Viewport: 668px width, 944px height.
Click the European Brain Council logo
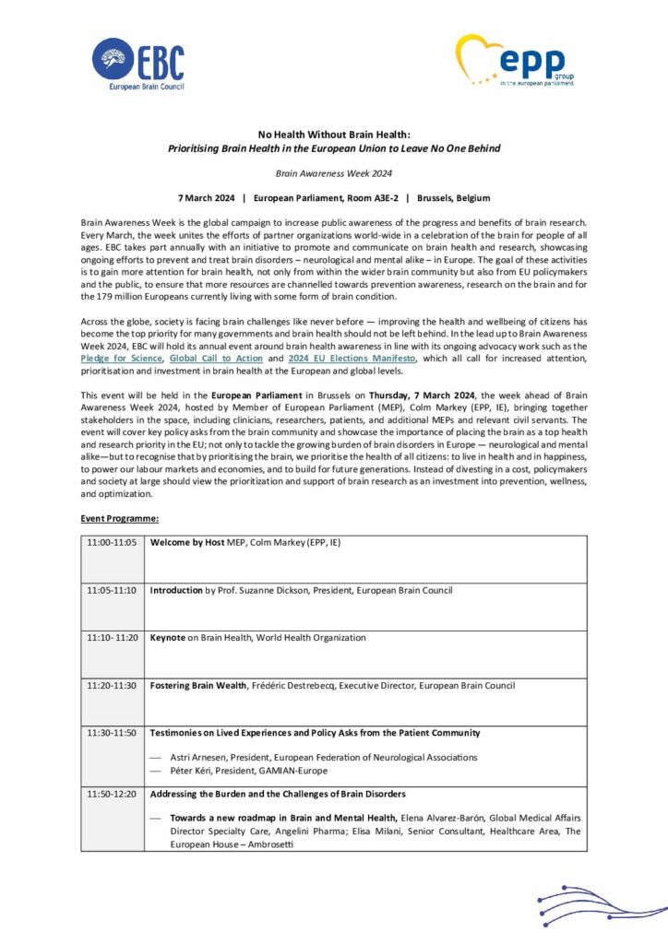(x=138, y=64)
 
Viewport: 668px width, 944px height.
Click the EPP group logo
(x=516, y=61)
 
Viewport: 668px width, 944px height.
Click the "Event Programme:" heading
(x=119, y=520)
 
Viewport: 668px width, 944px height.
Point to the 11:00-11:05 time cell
(x=112, y=543)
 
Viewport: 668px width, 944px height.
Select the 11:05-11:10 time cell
(x=112, y=590)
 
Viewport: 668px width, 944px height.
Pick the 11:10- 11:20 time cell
(x=112, y=638)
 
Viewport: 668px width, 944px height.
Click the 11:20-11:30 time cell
(x=112, y=686)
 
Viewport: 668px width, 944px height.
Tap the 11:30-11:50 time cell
(x=112, y=733)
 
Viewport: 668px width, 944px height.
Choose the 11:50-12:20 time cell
(x=112, y=794)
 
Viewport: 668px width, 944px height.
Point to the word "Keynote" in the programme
(x=168, y=638)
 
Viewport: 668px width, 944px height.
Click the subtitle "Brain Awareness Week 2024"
(x=333, y=173)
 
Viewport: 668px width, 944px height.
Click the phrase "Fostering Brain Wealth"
(x=198, y=686)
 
